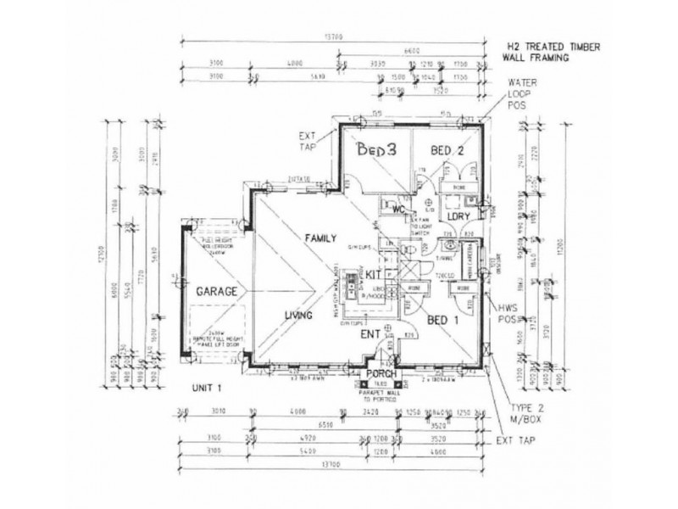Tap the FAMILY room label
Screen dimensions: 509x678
(324, 238)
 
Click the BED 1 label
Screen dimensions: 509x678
(444, 321)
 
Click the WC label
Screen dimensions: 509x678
(396, 210)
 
